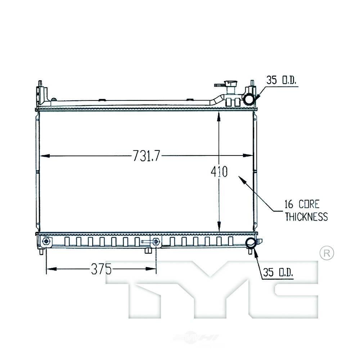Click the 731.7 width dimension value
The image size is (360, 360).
[x=146, y=156]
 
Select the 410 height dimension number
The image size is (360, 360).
[x=219, y=171]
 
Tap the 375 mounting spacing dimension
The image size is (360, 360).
[x=101, y=269]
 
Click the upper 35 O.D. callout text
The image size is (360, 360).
[x=281, y=80]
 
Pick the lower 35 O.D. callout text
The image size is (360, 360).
[x=278, y=273]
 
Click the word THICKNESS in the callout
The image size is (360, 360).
[x=306, y=217]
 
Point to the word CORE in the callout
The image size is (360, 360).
[x=309, y=204]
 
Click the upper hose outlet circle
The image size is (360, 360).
[x=249, y=100]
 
